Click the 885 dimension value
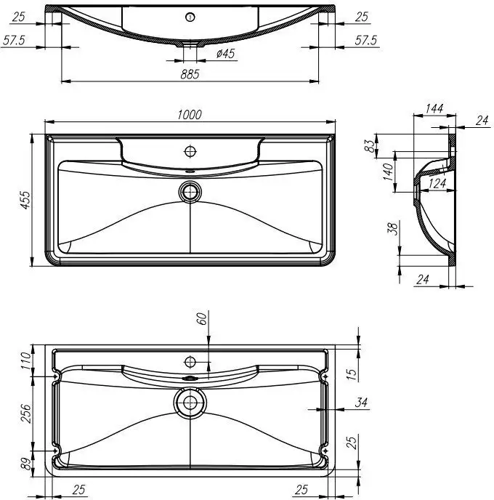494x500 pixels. click(190, 74)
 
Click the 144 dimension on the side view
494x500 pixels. click(434, 108)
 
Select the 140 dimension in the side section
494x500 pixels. click(388, 172)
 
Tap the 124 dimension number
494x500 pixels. click(437, 183)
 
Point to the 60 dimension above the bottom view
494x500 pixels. click(201, 318)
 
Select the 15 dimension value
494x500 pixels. click(351, 374)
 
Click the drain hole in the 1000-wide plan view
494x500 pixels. click(190, 192)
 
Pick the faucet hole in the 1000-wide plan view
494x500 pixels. click(190, 151)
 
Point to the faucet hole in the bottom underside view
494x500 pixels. click(190, 361)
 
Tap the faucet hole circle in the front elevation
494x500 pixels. click(190, 16)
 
